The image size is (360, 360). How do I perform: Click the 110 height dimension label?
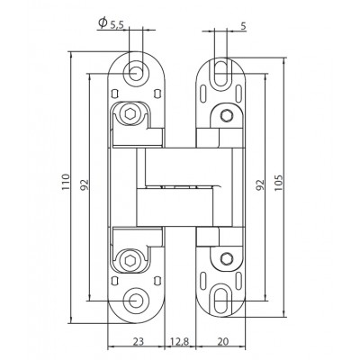point(66,182)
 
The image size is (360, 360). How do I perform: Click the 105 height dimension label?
point(279,183)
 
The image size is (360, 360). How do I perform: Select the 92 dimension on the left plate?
point(85,184)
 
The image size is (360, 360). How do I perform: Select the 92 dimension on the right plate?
point(260,184)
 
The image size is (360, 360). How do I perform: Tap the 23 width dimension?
point(139,341)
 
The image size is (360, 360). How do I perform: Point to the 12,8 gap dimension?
point(180,341)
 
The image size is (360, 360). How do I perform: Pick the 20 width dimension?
point(222,341)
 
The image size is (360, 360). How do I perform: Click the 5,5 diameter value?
point(117,25)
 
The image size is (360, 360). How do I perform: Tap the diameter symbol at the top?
point(103,22)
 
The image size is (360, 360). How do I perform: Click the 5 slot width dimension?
point(243,26)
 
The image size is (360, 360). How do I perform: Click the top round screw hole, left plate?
point(136,73)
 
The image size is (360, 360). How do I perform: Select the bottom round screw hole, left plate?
point(136,301)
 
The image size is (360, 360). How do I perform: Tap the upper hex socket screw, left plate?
point(130,113)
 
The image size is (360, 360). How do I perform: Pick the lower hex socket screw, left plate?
point(130,260)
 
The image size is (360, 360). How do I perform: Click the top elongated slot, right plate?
point(220,74)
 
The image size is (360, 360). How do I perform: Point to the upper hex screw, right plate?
point(227,115)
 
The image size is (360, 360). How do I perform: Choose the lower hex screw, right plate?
point(227,258)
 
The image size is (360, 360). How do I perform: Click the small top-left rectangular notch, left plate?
point(114,94)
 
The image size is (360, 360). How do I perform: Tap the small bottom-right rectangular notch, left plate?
point(156,280)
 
